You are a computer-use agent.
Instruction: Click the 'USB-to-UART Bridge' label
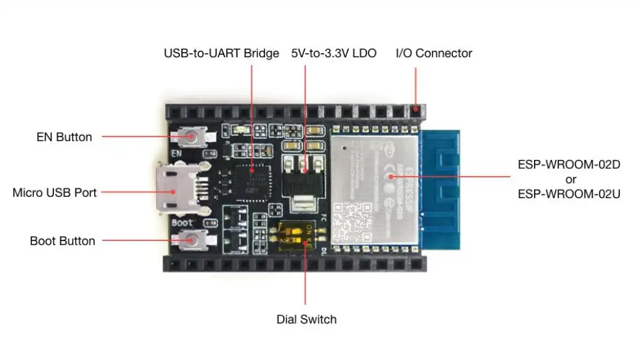(x=221, y=53)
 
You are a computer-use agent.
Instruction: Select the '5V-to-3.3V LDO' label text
(x=333, y=53)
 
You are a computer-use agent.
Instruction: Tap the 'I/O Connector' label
(x=434, y=53)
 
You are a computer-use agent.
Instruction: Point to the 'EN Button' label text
(x=64, y=137)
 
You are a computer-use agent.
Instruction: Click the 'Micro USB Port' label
(x=55, y=192)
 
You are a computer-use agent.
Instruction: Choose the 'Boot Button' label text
(x=62, y=241)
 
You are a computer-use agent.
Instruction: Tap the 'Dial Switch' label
(x=307, y=319)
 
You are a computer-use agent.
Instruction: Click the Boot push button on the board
(x=192, y=240)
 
